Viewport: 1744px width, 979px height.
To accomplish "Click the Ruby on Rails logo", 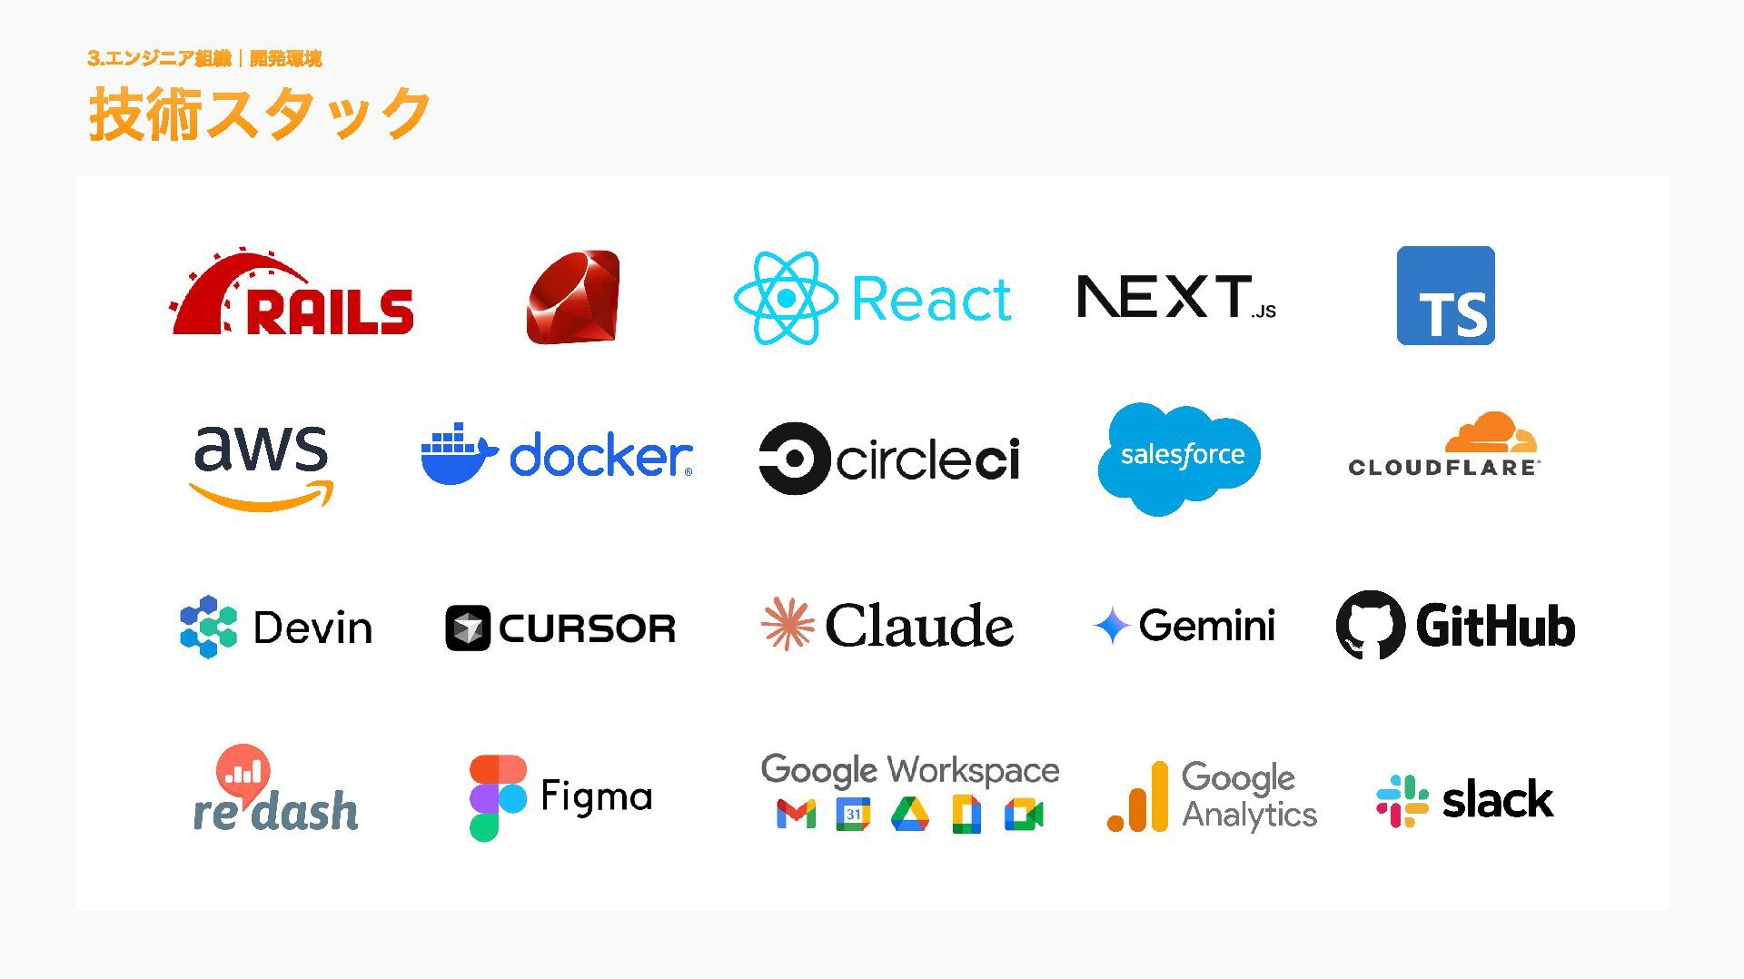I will tap(292, 294).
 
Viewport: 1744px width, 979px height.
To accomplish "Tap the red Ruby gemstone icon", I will tap(573, 297).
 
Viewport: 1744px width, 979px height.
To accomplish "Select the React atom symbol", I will tap(786, 298).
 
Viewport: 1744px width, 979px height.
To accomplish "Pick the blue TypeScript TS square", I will tap(1445, 295).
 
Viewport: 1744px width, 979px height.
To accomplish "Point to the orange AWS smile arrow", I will tap(262, 496).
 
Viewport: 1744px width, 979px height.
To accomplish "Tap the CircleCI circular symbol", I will tap(794, 458).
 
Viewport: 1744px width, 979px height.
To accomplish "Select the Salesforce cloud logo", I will tap(1180, 458).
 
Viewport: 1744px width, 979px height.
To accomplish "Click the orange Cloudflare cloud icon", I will tap(1491, 433).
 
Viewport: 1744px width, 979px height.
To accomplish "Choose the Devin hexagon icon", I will tap(209, 627).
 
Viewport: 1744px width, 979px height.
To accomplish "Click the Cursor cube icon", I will tap(468, 628).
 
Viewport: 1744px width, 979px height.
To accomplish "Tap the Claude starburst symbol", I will tap(787, 624).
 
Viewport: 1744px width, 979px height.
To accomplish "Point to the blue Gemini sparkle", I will tap(1111, 626).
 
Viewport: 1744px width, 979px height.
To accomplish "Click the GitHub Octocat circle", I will tap(1370, 625).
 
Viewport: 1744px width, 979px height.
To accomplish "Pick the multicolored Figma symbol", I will tap(497, 797).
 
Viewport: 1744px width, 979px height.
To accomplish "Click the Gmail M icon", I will tap(796, 815).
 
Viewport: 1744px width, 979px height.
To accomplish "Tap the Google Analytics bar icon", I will tap(1139, 798).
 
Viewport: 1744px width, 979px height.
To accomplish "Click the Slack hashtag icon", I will tap(1402, 800).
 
